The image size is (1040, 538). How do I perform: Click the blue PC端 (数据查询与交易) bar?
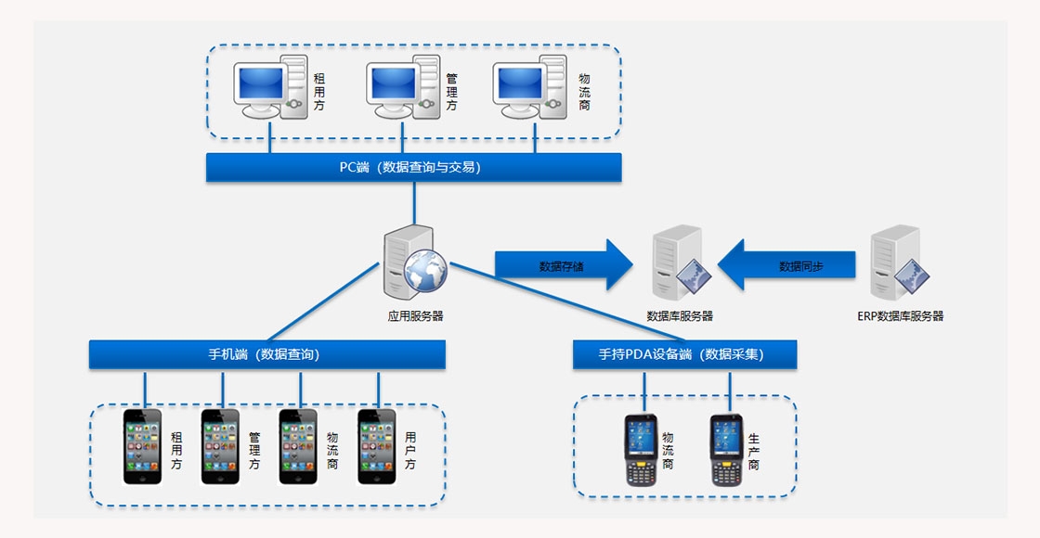tap(413, 167)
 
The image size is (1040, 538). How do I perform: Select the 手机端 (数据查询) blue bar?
tap(266, 354)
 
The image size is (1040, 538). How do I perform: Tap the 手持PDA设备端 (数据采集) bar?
tap(684, 354)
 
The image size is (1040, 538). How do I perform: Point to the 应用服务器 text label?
tap(415, 316)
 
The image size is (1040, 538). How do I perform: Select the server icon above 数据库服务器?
tap(680, 263)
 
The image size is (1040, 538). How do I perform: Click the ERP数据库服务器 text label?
tap(900, 316)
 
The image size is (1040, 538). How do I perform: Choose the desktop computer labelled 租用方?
tap(270, 87)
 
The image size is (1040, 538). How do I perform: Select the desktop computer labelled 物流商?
tap(530, 87)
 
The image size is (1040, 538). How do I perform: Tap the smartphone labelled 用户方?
tap(377, 446)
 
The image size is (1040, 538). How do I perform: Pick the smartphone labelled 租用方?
tap(142, 446)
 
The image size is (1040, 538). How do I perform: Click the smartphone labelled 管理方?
tap(220, 446)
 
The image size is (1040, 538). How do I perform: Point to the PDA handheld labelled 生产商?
tap(727, 450)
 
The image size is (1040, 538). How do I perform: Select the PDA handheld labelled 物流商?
tap(641, 450)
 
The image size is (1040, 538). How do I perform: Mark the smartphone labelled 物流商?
tap(298, 446)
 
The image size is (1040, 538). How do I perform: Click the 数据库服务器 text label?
tap(680, 316)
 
